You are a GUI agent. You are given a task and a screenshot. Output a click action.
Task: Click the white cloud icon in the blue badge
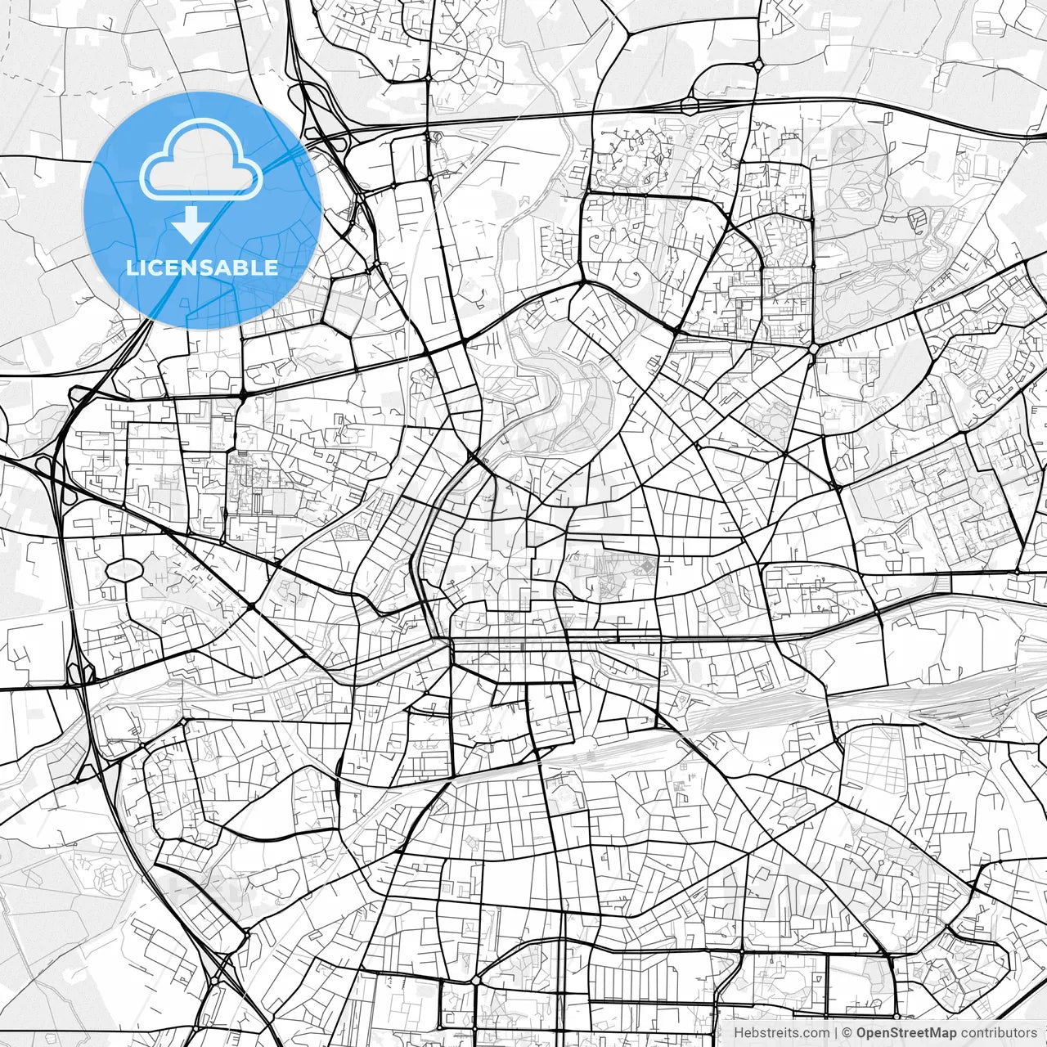click(201, 160)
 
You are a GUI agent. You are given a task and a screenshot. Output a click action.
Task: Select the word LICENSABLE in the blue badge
click(201, 267)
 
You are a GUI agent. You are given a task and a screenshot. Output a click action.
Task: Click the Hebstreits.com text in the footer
click(781, 1033)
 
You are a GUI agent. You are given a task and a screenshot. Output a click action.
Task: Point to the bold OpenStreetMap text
click(906, 1033)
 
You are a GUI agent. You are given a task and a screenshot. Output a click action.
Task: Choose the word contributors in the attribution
click(999, 1033)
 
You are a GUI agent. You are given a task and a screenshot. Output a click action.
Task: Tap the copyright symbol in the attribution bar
click(847, 1033)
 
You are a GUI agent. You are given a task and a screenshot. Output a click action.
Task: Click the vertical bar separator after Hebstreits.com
click(835, 1033)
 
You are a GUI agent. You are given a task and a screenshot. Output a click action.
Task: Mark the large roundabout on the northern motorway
click(690, 105)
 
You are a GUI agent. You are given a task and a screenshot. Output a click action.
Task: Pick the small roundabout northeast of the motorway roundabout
click(759, 63)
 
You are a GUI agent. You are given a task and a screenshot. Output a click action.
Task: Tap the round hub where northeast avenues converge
click(814, 348)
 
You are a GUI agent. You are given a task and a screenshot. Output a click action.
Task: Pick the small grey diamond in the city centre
click(648, 564)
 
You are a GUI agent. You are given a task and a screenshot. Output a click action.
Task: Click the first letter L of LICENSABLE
click(130, 267)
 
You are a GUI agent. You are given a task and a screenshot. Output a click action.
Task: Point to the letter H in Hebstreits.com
click(739, 1033)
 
